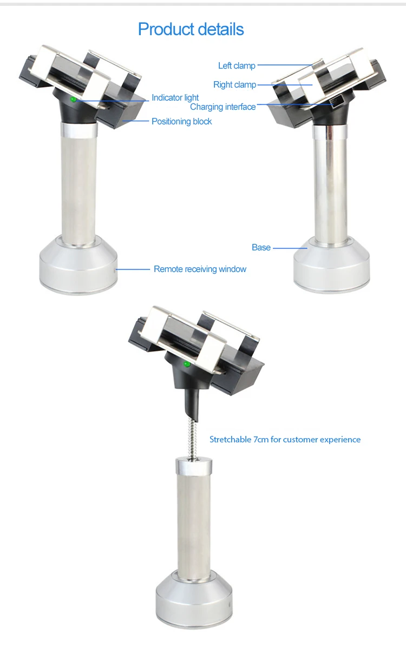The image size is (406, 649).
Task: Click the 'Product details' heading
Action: (x=191, y=29)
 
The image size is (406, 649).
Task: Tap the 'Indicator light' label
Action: (x=175, y=97)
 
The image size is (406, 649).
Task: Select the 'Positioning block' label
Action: (x=181, y=121)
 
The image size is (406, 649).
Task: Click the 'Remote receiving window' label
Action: (x=200, y=269)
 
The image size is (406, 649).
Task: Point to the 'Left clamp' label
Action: (x=237, y=65)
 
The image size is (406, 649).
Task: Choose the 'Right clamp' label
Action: (x=234, y=84)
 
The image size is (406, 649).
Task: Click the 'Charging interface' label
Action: (x=222, y=107)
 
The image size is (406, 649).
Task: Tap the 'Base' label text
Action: (x=261, y=247)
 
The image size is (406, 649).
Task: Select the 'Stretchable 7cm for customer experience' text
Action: (x=285, y=439)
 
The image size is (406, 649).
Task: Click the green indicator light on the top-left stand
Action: (x=73, y=99)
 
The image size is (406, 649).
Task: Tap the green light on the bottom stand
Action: (x=187, y=364)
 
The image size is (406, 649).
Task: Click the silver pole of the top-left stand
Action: (x=79, y=184)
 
